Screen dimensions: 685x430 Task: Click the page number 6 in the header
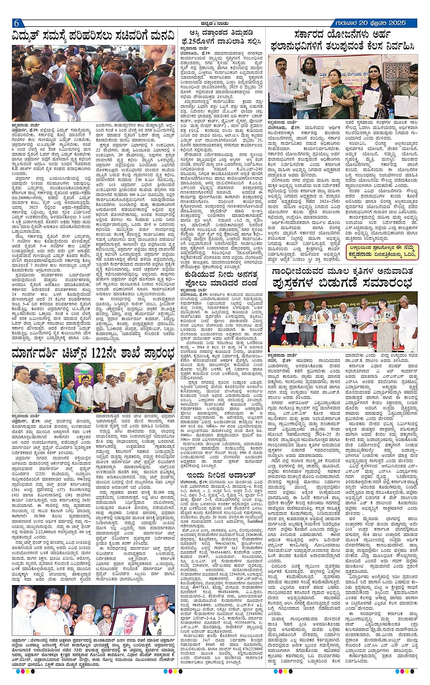pos(16,24)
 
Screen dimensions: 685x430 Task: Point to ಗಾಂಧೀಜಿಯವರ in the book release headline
pos(303,271)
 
